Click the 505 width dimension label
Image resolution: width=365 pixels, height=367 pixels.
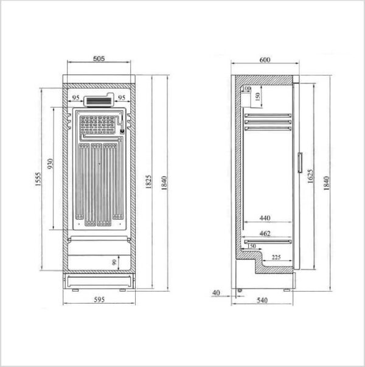pyautogui.click(x=99, y=58)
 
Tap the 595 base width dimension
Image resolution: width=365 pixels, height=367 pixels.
pyautogui.click(x=99, y=299)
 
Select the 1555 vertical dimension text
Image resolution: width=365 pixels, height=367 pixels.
pyautogui.click(x=38, y=179)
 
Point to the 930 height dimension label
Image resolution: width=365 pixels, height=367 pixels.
pyautogui.click(x=50, y=164)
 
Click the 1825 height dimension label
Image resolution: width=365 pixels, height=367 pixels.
pyautogui.click(x=148, y=181)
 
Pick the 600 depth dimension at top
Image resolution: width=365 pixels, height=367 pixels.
pyautogui.click(x=265, y=60)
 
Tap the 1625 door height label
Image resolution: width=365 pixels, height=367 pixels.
pyautogui.click(x=310, y=176)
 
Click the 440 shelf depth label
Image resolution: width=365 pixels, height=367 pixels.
pyautogui.click(x=265, y=218)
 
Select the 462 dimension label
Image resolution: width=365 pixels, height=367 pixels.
pyautogui.click(x=265, y=233)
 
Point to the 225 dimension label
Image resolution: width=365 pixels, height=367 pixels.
pyautogui.click(x=276, y=257)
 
